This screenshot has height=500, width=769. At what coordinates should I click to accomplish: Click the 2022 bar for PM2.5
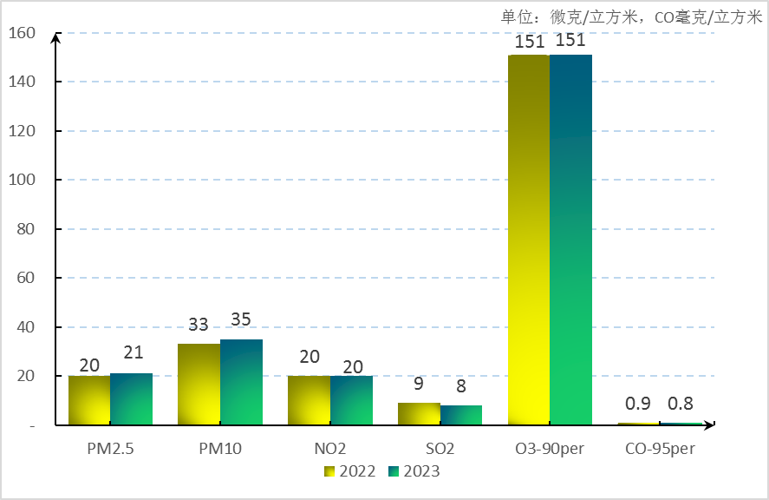(89, 400)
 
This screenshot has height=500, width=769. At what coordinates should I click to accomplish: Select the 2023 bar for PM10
(241, 382)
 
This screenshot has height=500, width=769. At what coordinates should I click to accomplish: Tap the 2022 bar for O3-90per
(529, 240)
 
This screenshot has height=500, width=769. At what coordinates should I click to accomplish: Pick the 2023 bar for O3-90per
(570, 240)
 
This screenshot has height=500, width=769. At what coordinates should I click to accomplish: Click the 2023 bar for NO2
(351, 400)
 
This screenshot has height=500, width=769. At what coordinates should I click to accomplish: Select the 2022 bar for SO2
(419, 414)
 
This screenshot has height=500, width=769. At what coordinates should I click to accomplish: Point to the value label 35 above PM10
(241, 319)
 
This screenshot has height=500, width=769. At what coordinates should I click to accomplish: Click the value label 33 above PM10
(199, 325)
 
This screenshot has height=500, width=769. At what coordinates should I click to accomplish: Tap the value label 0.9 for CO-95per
(638, 404)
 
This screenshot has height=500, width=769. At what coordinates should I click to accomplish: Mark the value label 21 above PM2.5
(132, 353)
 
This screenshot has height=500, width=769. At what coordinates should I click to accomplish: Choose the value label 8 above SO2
(461, 385)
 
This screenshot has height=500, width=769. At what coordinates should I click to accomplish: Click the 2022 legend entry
(350, 471)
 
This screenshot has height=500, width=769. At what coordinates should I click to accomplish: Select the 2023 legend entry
(414, 471)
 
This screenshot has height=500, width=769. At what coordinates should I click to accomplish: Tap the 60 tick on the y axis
(26, 278)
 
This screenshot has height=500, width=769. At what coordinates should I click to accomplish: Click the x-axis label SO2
(440, 449)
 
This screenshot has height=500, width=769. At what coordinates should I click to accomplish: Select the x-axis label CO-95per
(660, 449)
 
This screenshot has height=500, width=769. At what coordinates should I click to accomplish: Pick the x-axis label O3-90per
(550, 449)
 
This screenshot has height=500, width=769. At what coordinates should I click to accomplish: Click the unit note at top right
(631, 16)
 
